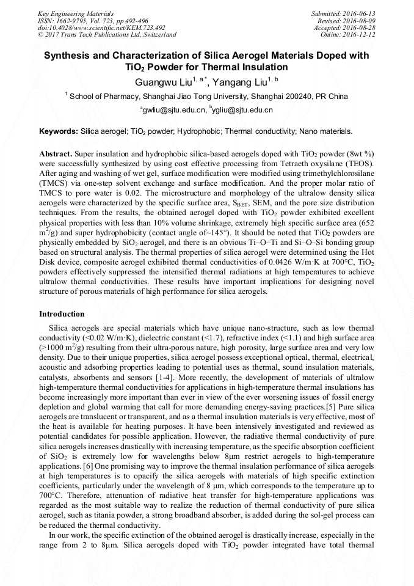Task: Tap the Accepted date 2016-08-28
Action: point(360,27)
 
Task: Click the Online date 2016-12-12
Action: point(360,34)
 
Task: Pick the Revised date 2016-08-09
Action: point(360,21)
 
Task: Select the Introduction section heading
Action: point(62,314)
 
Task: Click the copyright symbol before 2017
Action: point(41,35)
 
